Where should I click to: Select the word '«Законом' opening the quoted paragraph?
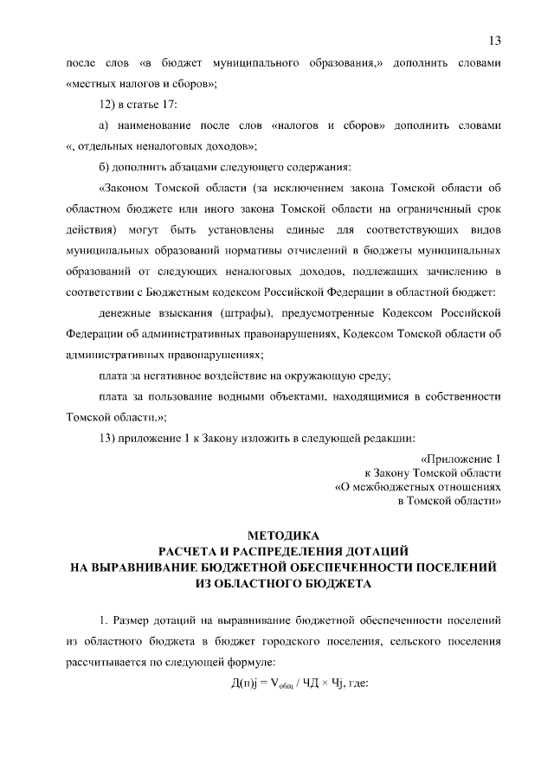tap(128, 188)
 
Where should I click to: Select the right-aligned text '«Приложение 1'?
tap(460, 459)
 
